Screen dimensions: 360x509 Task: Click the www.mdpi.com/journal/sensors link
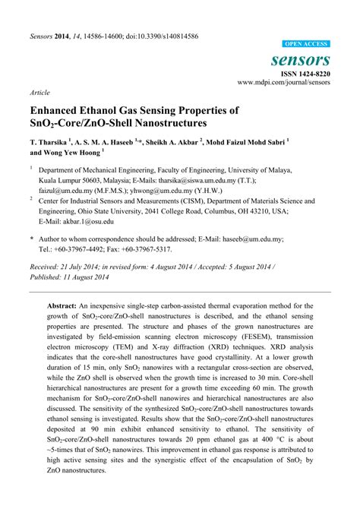click(285, 82)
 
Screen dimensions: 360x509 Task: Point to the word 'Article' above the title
click(40, 92)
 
